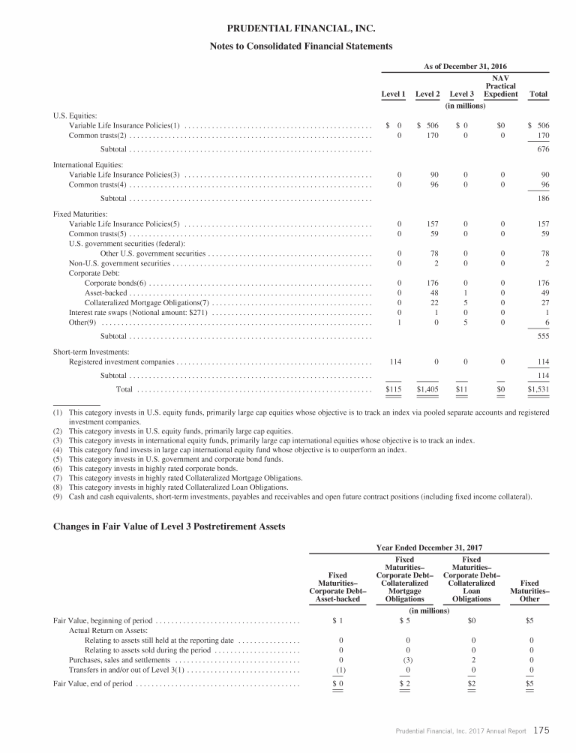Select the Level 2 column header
point(427,94)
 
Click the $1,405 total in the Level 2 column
point(427,389)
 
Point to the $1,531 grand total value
point(538,389)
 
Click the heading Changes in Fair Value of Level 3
point(169,526)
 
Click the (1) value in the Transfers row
point(340,669)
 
